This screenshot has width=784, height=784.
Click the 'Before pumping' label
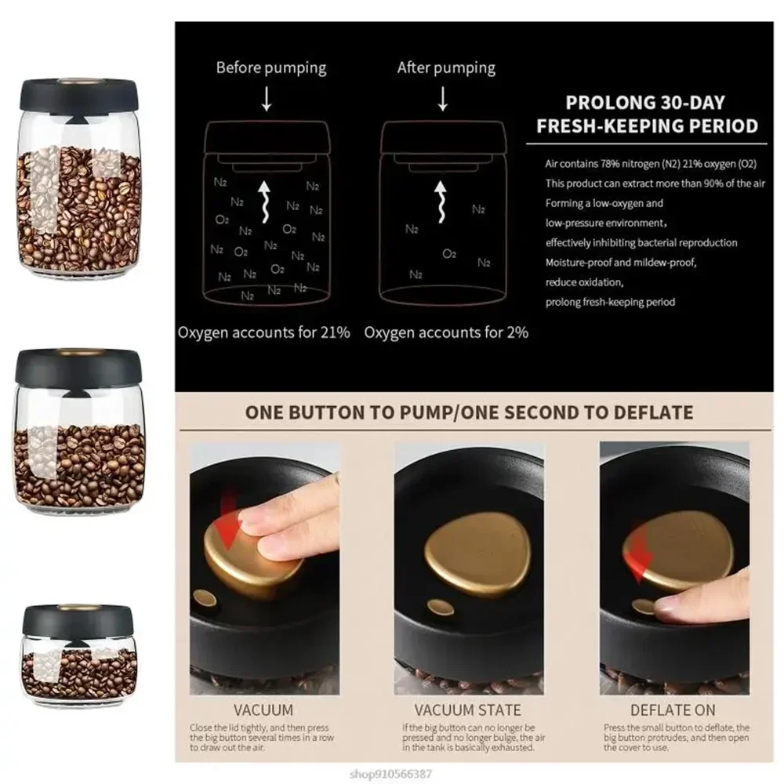click(270, 67)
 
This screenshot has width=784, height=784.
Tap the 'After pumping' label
click(445, 67)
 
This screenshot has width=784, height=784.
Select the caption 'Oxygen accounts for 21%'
click(263, 332)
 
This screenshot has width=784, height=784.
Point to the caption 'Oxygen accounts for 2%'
click(446, 332)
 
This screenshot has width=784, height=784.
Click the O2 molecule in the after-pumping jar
click(449, 254)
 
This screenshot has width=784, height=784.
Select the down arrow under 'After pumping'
click(443, 99)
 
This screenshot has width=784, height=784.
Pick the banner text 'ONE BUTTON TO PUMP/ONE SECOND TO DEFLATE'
click(469, 413)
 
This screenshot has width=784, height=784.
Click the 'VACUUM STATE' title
click(467, 710)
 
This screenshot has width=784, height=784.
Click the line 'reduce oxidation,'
click(584, 282)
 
